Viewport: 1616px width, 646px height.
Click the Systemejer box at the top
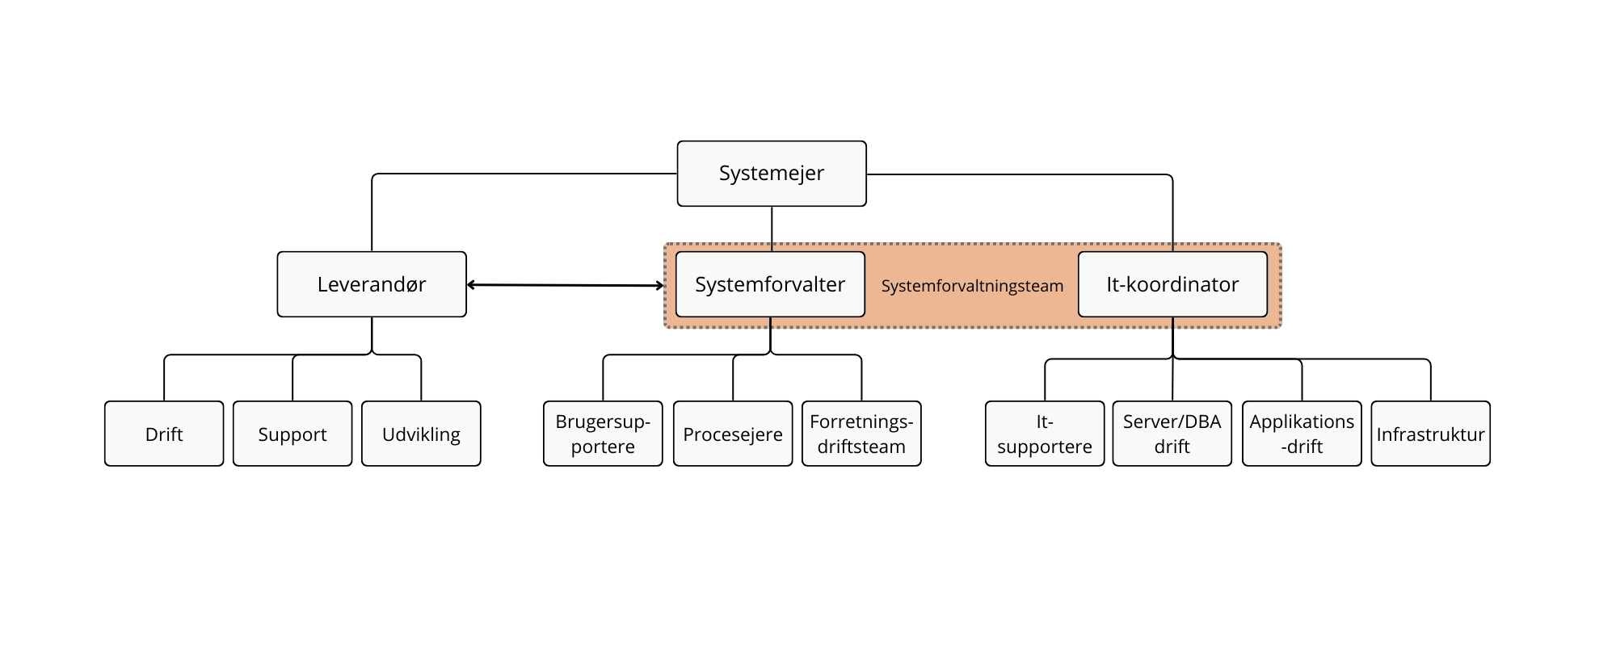(x=772, y=174)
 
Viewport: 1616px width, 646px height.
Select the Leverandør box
(x=372, y=284)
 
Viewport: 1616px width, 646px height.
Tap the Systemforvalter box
(x=770, y=284)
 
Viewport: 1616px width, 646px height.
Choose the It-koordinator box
(x=1172, y=284)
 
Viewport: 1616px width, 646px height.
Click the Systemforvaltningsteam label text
(x=972, y=286)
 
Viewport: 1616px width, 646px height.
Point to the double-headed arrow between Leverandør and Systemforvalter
(x=566, y=285)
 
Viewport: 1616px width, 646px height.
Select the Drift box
(x=164, y=434)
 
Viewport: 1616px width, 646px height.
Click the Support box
(x=292, y=434)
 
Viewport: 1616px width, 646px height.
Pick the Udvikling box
(x=421, y=434)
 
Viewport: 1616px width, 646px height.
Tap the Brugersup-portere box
(x=603, y=434)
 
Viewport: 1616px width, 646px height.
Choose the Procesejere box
(x=733, y=434)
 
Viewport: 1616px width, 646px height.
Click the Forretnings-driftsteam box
(x=861, y=434)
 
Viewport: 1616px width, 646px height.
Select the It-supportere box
(x=1045, y=434)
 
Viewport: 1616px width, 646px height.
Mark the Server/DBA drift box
(x=1172, y=434)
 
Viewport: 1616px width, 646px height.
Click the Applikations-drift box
(x=1302, y=434)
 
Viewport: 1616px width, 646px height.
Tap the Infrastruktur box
(x=1430, y=434)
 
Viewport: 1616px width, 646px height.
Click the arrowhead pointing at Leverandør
(x=471, y=284)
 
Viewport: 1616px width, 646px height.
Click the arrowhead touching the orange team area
(x=659, y=286)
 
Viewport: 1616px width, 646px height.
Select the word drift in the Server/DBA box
(x=1172, y=447)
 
